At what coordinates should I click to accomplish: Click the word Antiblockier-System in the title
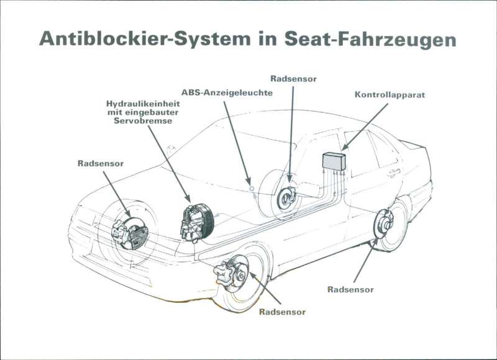(x=140, y=38)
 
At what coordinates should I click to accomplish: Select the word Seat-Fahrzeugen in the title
(x=372, y=39)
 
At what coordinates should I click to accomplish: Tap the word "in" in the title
(x=265, y=38)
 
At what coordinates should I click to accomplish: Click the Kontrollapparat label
(x=389, y=96)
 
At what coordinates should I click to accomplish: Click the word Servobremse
(x=143, y=121)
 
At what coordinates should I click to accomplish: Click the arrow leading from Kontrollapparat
(x=364, y=127)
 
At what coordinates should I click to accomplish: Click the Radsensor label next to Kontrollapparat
(x=294, y=78)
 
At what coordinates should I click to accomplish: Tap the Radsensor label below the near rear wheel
(x=350, y=289)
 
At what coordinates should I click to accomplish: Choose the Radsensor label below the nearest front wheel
(x=283, y=312)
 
